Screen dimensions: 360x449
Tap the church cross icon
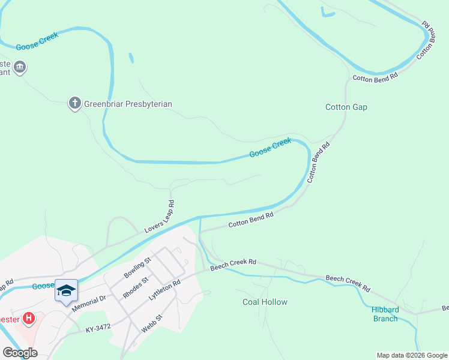click(75, 103)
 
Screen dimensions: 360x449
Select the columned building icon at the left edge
click(20, 67)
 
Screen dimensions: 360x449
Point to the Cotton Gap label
click(346, 107)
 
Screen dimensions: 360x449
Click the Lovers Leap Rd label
click(160, 217)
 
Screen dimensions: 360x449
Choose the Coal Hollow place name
click(265, 302)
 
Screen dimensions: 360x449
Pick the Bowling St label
click(139, 266)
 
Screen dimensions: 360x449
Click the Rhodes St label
click(136, 287)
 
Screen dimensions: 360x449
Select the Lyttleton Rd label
click(169, 291)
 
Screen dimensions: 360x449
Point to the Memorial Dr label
click(89, 301)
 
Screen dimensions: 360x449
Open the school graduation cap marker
click(66, 292)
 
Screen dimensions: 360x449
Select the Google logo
click(19, 353)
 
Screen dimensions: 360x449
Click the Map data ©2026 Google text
click(412, 355)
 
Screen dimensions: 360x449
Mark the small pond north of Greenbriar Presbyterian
click(131, 58)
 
